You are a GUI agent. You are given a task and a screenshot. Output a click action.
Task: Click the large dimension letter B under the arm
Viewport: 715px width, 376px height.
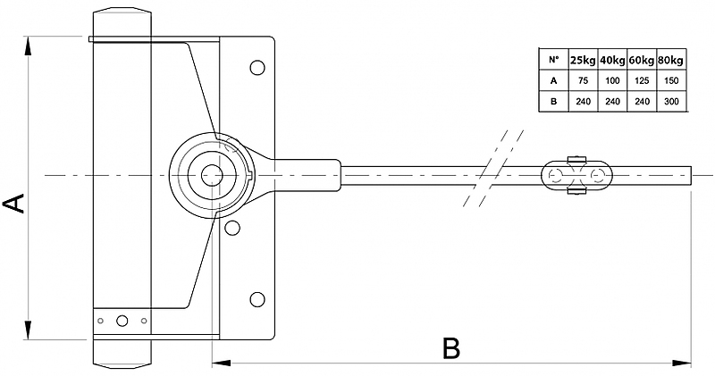pyautogui.click(x=451, y=348)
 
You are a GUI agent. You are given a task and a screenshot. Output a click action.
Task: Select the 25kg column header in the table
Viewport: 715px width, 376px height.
pyautogui.click(x=582, y=60)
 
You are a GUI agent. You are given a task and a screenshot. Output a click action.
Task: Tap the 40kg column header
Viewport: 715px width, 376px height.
pyautogui.click(x=612, y=60)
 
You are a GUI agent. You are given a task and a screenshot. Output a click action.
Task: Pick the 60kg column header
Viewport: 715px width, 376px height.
pyautogui.click(x=642, y=60)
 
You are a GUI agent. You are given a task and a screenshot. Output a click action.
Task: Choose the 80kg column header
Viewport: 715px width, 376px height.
pyautogui.click(x=671, y=60)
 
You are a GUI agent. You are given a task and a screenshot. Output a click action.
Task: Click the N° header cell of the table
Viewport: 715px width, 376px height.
pyautogui.click(x=553, y=60)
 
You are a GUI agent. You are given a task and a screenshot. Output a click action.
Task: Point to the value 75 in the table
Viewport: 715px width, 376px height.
pyautogui.click(x=582, y=80)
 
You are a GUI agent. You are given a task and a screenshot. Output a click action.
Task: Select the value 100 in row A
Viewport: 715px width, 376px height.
pyautogui.click(x=612, y=80)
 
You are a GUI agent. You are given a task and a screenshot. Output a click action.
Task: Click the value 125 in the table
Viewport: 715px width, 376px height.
pyautogui.click(x=642, y=80)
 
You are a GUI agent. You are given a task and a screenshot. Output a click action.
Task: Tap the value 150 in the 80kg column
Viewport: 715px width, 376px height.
pyautogui.click(x=671, y=80)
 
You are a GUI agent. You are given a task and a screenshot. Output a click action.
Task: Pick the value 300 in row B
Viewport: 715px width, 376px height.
pyautogui.click(x=671, y=101)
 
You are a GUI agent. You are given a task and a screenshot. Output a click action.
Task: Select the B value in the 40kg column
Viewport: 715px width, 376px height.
pyautogui.click(x=612, y=101)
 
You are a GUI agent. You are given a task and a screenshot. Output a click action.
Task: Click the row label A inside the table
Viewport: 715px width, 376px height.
pyautogui.click(x=553, y=80)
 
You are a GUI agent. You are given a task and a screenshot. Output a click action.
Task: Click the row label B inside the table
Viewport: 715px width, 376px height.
pyautogui.click(x=553, y=101)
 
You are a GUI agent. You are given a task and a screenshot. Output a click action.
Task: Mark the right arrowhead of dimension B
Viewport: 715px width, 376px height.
pyautogui.click(x=687, y=363)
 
